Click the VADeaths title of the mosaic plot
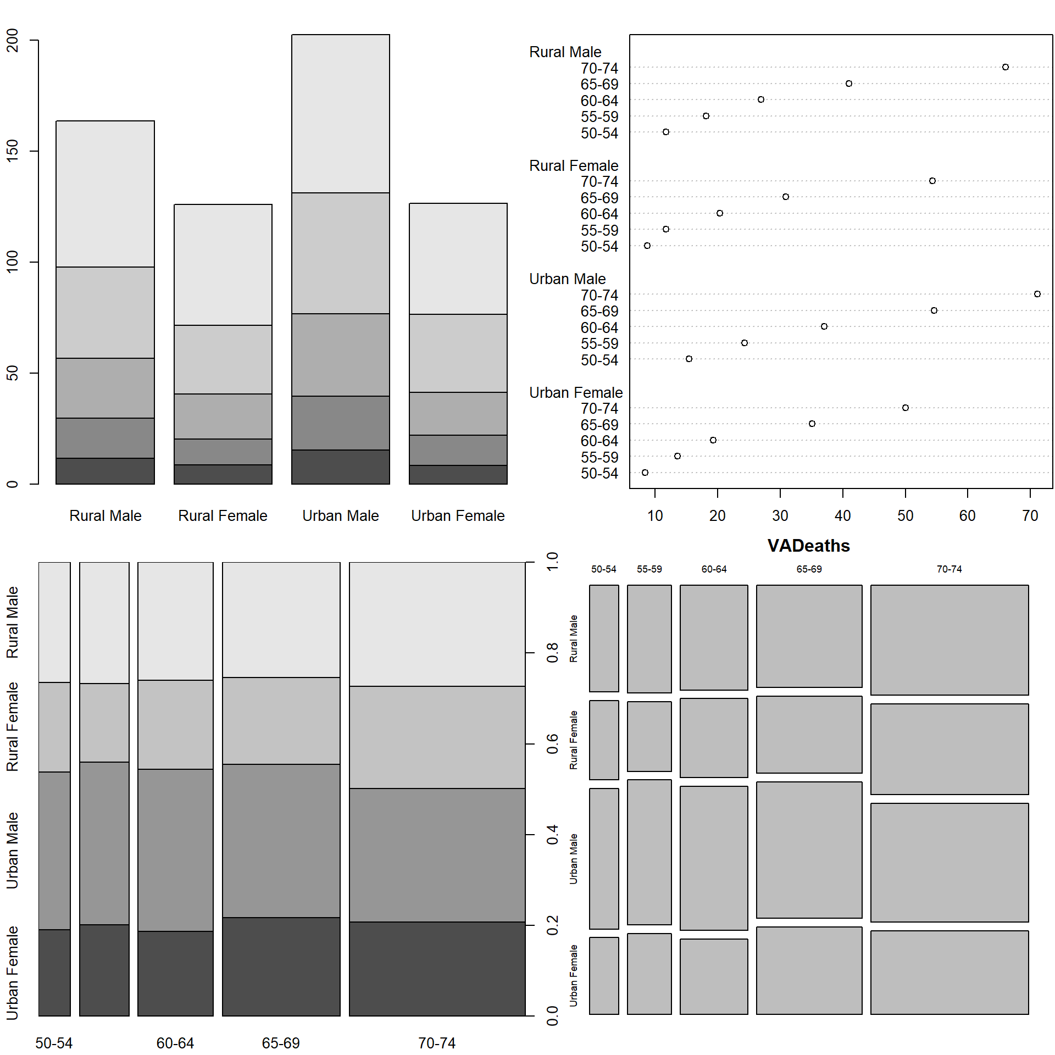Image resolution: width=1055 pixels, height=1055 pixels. point(808,546)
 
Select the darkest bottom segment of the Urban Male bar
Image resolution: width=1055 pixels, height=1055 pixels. point(340,467)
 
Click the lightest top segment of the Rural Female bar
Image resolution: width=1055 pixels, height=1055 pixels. point(223,264)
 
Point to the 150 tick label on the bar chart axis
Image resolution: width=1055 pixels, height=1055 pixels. point(12,151)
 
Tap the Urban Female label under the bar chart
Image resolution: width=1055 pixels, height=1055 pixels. point(458,515)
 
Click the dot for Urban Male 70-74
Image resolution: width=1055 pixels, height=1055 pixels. point(1037,294)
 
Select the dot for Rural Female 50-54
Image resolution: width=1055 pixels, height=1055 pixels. point(647,246)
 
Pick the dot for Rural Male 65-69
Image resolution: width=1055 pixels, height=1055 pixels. point(849,84)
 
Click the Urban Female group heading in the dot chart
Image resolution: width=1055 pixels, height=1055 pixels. point(575,392)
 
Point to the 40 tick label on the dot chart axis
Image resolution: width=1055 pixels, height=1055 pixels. point(842,515)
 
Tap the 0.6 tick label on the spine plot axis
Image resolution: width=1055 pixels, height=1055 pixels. point(553,744)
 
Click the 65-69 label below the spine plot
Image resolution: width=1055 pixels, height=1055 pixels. point(281,1043)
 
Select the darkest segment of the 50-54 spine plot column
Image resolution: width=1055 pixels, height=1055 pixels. point(54,972)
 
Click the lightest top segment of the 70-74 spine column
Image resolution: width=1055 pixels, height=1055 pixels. point(437,624)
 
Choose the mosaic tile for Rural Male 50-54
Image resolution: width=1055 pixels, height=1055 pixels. point(604,638)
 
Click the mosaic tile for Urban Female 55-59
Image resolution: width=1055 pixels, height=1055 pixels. point(649,973)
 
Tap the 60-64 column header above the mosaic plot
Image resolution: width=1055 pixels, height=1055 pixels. point(714,569)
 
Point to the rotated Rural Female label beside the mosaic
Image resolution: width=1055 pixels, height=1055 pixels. point(574,740)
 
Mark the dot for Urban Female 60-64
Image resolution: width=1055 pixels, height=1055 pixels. point(713,440)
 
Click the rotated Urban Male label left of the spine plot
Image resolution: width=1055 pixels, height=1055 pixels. point(12,850)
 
